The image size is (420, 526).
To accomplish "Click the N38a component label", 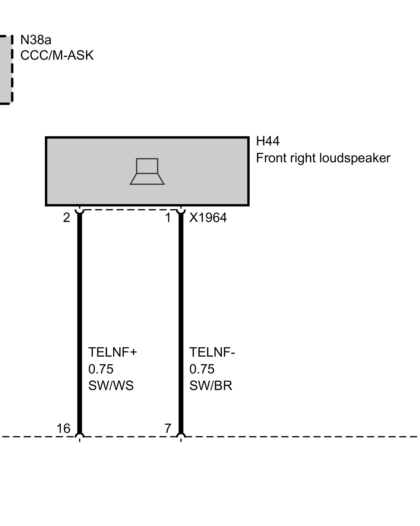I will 36,40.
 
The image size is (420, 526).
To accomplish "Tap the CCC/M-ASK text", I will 57,55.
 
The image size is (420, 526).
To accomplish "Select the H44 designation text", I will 267,141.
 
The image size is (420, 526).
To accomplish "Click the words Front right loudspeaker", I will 323,158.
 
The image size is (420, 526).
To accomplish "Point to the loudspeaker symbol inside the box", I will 147,171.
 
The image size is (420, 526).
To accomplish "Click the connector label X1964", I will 208,218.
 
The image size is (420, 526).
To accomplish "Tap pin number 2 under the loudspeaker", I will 66,218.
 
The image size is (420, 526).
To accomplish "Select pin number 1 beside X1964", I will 168,218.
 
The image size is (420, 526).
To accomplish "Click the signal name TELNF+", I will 113,352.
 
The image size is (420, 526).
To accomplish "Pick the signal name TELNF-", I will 212,352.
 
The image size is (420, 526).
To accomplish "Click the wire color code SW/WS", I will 111,386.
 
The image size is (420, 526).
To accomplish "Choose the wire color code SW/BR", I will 211,386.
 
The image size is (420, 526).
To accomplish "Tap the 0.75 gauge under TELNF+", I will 101,369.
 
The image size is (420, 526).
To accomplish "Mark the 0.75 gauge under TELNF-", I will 202,369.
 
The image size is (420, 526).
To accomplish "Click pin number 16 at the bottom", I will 64,429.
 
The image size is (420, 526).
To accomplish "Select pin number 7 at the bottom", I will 168,429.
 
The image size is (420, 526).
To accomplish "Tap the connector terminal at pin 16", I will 80,437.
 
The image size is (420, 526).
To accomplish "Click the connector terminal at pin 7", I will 181,437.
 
